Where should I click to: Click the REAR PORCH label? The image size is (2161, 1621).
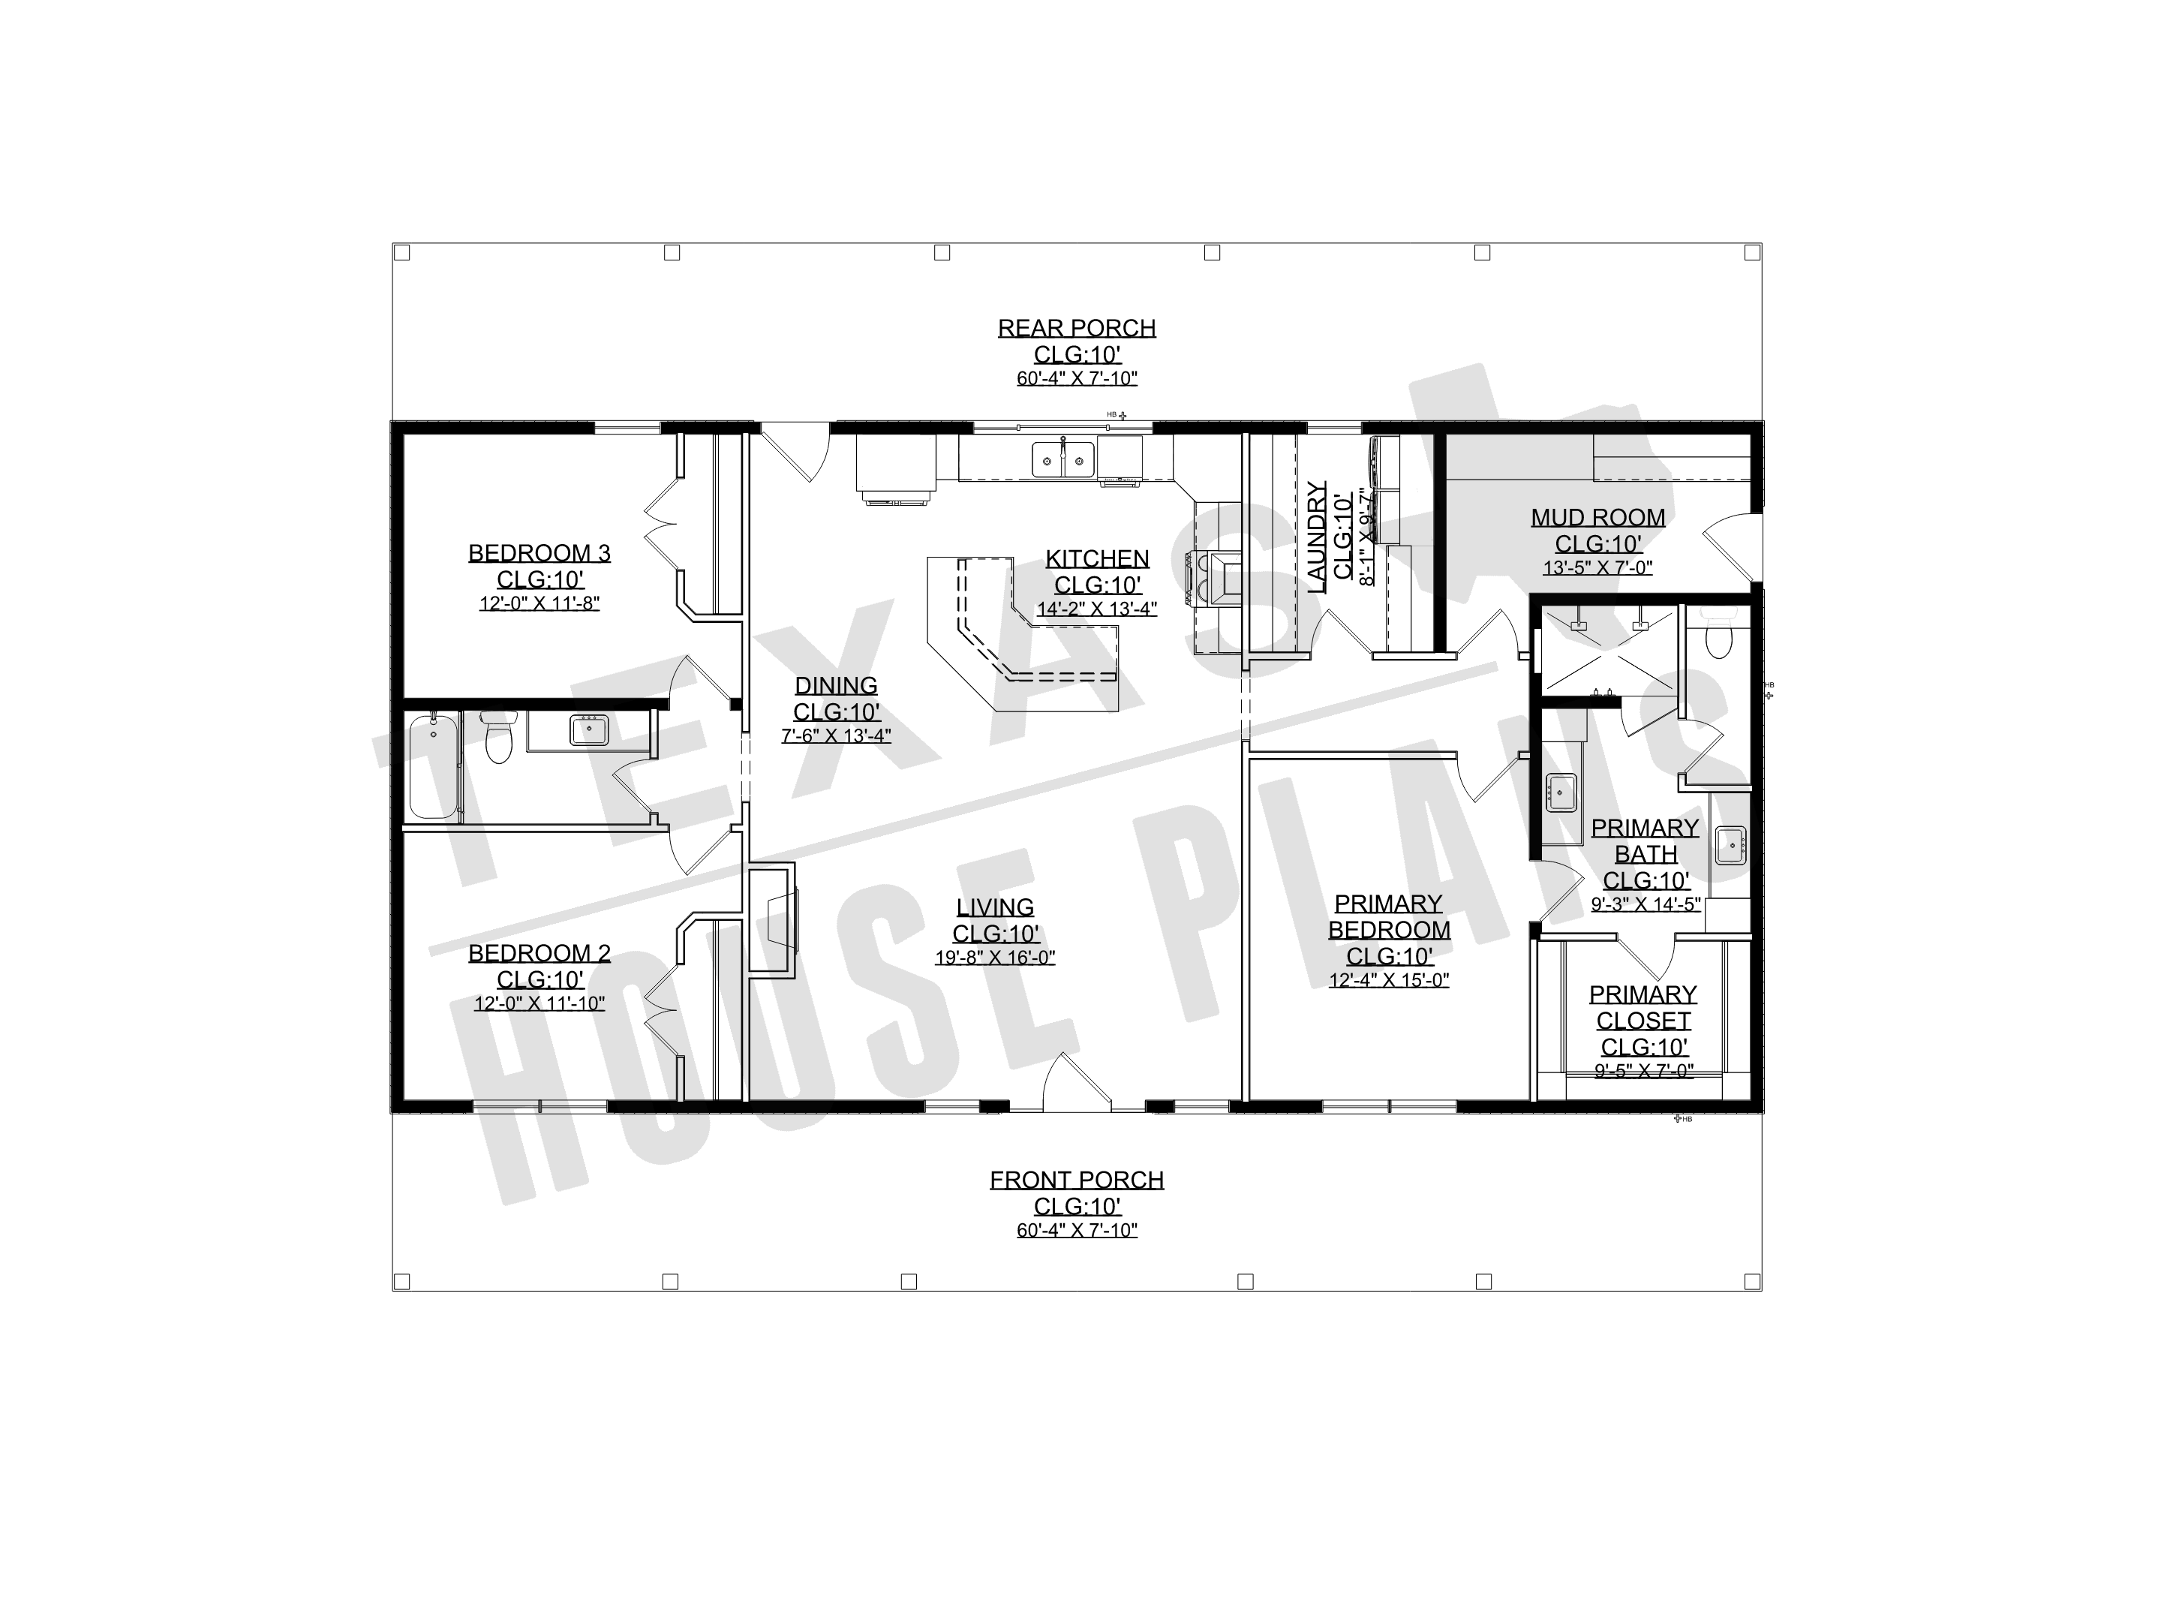point(1077,328)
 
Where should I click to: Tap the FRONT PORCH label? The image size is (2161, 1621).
point(1077,1180)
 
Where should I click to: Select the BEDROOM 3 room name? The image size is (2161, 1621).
point(539,553)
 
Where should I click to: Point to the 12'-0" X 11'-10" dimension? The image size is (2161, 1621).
point(539,1003)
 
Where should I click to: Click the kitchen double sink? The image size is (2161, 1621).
point(1063,459)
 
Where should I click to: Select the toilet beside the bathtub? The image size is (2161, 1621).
point(498,738)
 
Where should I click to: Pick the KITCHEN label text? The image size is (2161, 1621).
point(1097,559)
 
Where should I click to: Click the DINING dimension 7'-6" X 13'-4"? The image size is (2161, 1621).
point(837,735)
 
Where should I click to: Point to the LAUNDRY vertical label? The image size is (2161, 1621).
point(1317,537)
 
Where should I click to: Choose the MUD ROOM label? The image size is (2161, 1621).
point(1598,518)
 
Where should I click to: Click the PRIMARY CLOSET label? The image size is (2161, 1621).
point(1643,1007)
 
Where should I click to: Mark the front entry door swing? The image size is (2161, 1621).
point(1077,1083)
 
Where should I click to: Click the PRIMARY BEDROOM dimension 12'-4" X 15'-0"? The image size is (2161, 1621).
point(1389,980)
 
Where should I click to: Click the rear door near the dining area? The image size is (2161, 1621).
point(795,453)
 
